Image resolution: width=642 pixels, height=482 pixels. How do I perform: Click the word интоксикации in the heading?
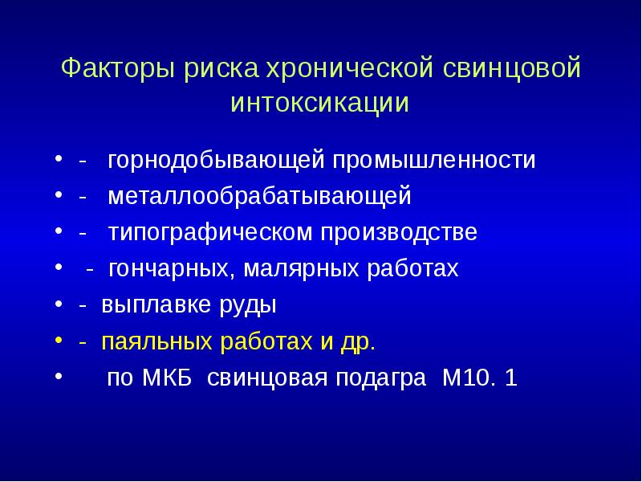point(320,104)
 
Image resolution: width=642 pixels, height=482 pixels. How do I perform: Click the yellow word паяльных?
point(148,342)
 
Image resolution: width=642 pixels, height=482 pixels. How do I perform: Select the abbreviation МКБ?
point(169,378)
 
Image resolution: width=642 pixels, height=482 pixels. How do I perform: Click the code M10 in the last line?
point(459,378)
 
